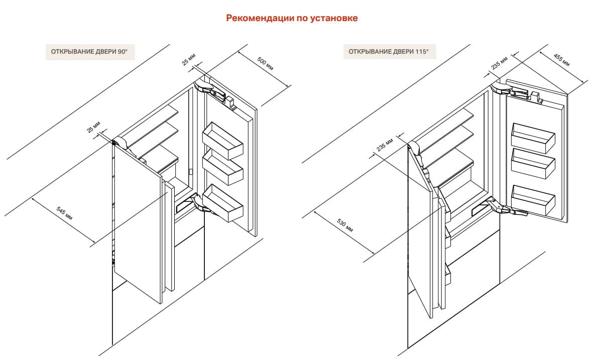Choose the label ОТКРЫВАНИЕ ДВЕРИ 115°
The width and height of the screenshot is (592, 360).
389,51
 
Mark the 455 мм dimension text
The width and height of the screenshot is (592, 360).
561,59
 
